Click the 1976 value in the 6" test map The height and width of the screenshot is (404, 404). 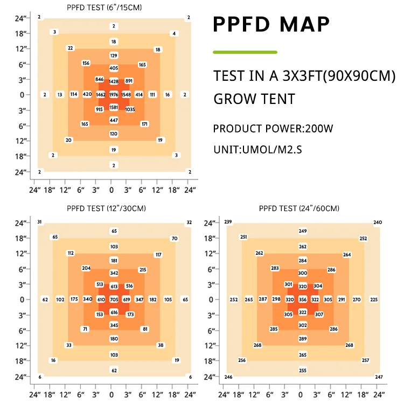point(114,95)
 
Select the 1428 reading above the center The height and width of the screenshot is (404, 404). point(114,81)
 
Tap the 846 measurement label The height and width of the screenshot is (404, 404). point(99,80)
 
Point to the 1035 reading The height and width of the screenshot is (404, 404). point(130,109)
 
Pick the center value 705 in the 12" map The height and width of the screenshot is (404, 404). point(114,299)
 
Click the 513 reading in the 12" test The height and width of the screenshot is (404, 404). point(99,284)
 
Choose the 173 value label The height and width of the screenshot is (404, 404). point(130,315)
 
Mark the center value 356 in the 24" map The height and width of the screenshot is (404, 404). point(303,299)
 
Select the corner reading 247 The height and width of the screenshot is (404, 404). point(379,377)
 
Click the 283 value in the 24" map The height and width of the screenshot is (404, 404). point(275,268)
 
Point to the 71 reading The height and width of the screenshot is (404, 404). point(85,329)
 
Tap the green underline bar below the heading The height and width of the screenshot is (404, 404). point(245,52)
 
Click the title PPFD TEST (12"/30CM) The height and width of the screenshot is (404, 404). point(106,208)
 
